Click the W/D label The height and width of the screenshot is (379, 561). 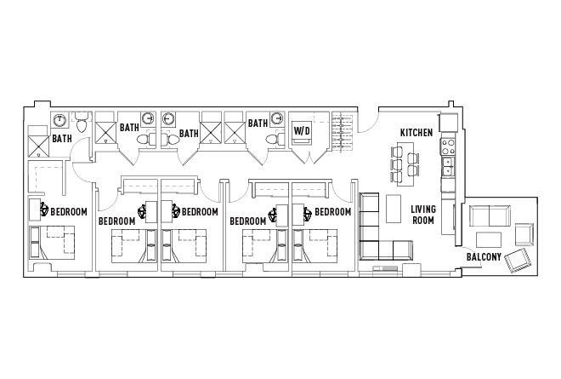(x=301, y=131)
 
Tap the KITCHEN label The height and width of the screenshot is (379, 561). (x=417, y=133)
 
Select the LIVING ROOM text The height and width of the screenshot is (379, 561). (x=423, y=215)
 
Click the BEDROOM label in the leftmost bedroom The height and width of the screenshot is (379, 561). (x=67, y=211)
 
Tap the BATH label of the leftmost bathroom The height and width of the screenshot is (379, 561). (x=62, y=138)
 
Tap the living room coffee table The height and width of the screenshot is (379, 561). (x=393, y=209)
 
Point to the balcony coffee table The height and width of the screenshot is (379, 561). (x=487, y=238)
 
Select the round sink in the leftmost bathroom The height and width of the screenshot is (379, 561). (x=61, y=120)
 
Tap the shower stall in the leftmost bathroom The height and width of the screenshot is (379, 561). (x=38, y=142)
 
